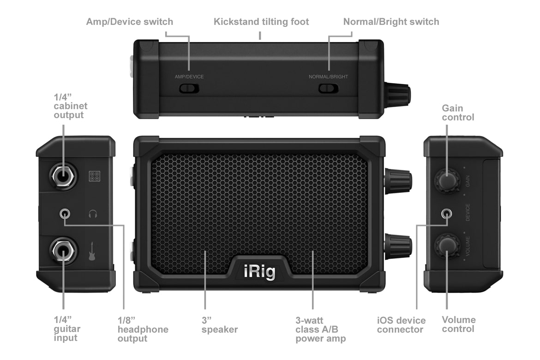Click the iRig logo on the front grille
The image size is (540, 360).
pos(259,271)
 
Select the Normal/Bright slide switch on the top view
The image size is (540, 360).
pos(328,88)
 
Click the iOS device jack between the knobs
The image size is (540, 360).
pos(447,213)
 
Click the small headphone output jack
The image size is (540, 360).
pos(65,214)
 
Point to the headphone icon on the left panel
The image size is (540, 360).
pos(93,214)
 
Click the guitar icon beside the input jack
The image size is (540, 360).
pos(93,252)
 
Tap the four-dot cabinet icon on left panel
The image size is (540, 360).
pos(95,175)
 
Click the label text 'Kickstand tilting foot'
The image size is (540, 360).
pos(261,22)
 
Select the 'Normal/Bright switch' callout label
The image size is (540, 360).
pos(391,22)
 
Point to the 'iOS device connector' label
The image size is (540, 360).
pos(401,325)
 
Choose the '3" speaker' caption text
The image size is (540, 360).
pos(219,325)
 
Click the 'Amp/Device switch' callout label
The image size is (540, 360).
pos(130,22)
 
